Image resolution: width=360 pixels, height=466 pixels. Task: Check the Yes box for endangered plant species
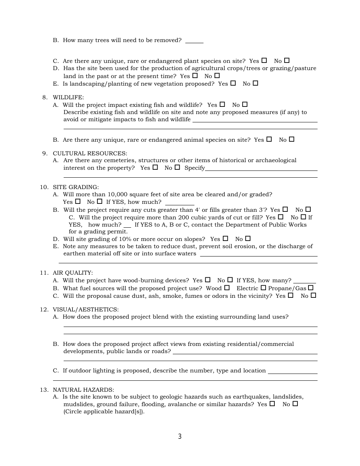[x=264, y=60]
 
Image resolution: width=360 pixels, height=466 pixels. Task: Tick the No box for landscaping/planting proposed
[x=255, y=83]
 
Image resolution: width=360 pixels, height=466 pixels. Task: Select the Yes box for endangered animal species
[x=269, y=139]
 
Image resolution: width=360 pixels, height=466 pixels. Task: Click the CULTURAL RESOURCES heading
[x=90, y=153]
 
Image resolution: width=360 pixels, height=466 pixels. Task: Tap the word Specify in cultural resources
[x=194, y=168]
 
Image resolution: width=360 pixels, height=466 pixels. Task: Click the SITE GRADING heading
[x=75, y=187]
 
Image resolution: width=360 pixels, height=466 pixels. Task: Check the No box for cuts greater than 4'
[x=308, y=209]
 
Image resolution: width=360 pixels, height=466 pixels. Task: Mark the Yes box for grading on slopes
[x=225, y=239]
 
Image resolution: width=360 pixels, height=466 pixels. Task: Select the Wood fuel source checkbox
[x=227, y=288]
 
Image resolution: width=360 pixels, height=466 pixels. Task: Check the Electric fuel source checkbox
[x=263, y=288]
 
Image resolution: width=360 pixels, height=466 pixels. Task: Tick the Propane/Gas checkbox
[x=311, y=288]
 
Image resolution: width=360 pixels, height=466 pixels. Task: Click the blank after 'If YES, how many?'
[x=305, y=281]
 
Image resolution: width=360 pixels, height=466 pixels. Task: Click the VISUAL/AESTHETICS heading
[x=85, y=310]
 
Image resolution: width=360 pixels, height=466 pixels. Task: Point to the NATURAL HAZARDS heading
[x=83, y=390]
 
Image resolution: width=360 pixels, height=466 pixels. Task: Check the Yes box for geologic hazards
[x=272, y=404]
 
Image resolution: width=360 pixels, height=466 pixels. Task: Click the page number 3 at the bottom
[x=180, y=436]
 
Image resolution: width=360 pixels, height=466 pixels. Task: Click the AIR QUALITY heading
[x=72, y=273]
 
